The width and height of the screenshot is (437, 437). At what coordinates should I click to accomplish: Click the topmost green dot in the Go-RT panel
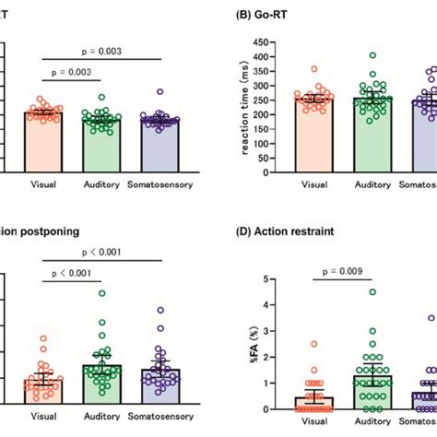click(372, 56)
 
